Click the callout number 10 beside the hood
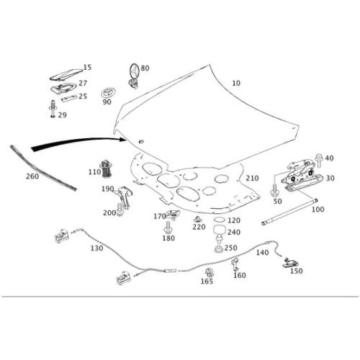click(236, 83)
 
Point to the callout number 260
click(32, 176)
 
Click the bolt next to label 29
click(53, 109)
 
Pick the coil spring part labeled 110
click(107, 169)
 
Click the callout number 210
click(252, 178)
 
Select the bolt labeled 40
click(319, 161)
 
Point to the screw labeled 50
click(274, 190)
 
